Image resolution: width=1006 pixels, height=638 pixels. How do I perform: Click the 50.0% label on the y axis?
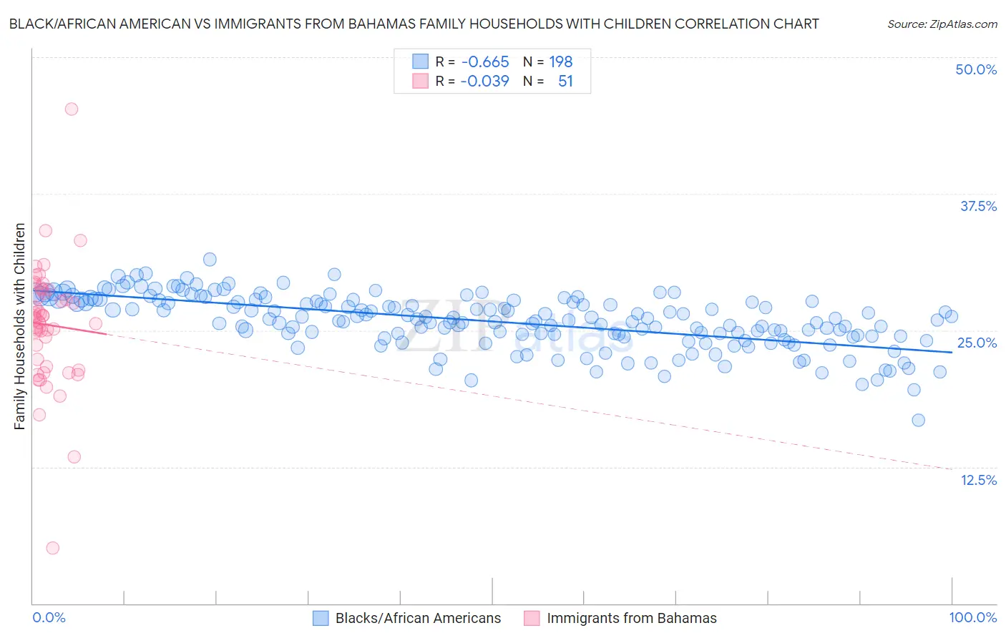tap(976, 69)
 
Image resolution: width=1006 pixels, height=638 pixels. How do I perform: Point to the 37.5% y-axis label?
tap(978, 206)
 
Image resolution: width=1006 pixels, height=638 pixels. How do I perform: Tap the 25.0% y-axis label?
tap(977, 343)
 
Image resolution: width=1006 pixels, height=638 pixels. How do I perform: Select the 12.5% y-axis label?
tap(978, 480)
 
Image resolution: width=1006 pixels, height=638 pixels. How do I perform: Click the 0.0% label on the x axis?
tap(49, 618)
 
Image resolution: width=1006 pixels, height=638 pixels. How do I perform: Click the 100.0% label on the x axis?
tap(972, 618)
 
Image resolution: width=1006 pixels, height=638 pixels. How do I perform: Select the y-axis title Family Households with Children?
tap(20, 326)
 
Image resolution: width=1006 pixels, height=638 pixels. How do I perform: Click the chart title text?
tap(414, 24)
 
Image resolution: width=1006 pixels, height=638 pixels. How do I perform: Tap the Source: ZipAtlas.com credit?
tap(942, 24)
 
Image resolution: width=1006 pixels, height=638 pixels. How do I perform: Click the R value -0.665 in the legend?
tap(484, 62)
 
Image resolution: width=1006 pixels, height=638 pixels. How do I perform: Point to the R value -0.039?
tap(484, 82)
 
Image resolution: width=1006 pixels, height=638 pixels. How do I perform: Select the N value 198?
tap(561, 62)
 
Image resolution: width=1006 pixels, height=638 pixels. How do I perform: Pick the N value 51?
tap(565, 82)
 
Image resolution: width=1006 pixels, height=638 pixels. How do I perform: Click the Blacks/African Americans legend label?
tap(418, 619)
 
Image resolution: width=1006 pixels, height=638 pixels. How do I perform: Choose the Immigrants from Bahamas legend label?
tap(631, 619)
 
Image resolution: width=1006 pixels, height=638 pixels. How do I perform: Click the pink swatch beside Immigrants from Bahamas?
tap(532, 619)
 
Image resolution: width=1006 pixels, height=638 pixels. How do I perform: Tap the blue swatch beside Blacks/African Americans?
tap(321, 619)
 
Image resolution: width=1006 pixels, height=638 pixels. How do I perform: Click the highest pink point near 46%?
tap(72, 109)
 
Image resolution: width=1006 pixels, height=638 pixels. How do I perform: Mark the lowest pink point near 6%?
tap(53, 548)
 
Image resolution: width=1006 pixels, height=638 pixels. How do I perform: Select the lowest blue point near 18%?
tap(918, 420)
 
